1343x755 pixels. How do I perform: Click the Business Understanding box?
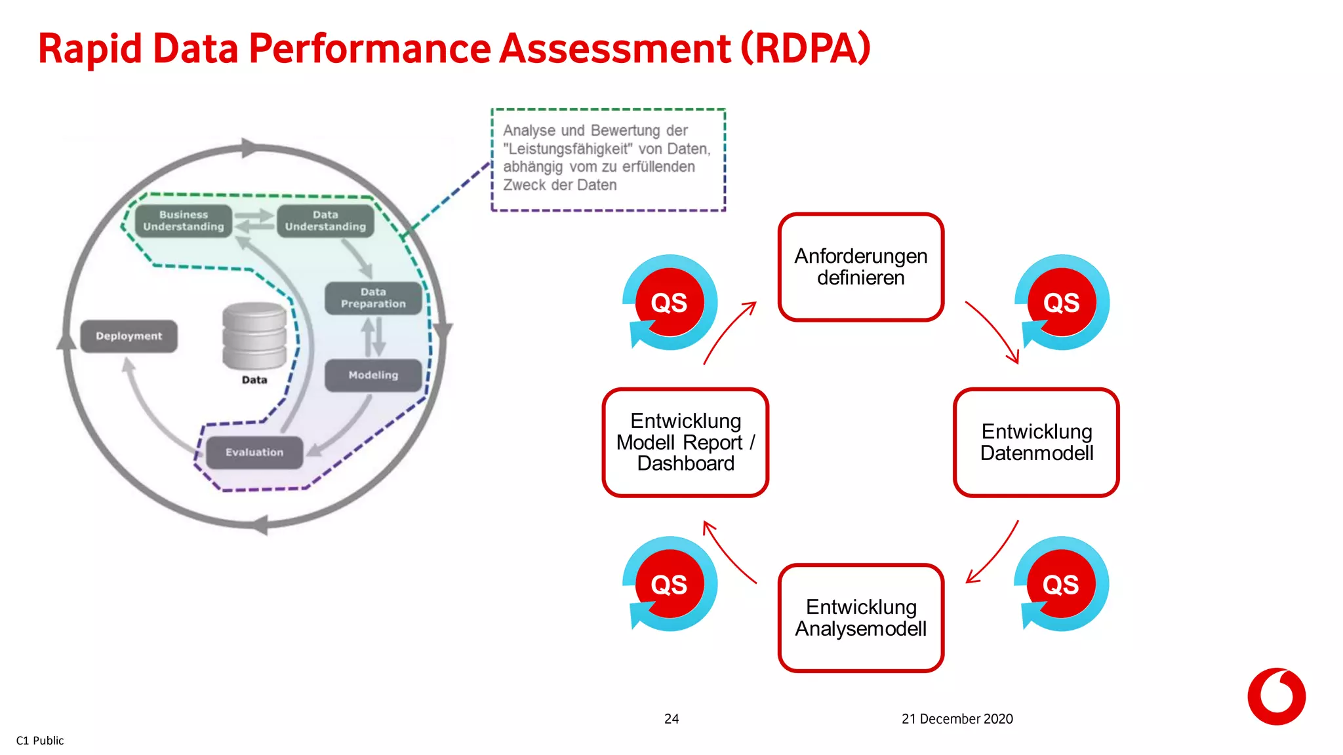click(184, 221)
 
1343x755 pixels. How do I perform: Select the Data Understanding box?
click(325, 221)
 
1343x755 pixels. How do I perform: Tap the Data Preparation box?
click(373, 298)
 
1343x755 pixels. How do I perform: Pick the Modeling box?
click(373, 376)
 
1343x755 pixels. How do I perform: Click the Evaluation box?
click(254, 452)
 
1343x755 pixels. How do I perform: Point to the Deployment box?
click(129, 336)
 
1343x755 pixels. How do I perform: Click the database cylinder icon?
click(254, 336)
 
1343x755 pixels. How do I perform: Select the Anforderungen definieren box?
click(860, 267)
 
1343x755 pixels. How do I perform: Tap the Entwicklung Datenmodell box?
click(1036, 442)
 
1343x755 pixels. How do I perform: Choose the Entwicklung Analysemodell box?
click(860, 617)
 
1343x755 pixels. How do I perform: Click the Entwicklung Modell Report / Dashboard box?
click(685, 442)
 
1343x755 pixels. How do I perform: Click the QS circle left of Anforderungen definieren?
click(670, 303)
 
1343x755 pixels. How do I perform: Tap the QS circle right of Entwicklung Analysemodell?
click(1061, 584)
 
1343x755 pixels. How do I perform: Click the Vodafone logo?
click(1276, 697)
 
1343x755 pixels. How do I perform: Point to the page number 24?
click(671, 719)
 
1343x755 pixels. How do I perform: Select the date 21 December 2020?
click(957, 719)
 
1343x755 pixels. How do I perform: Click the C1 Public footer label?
click(40, 741)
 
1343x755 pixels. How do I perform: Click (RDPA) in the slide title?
click(806, 48)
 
